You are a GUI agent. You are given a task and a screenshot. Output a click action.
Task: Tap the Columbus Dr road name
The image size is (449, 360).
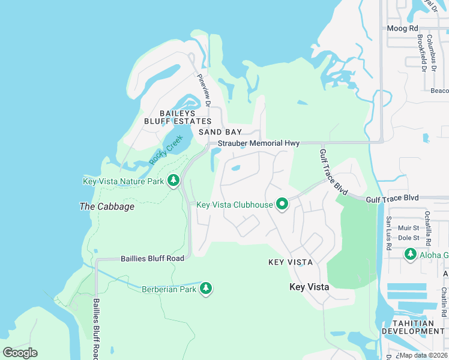[430, 50]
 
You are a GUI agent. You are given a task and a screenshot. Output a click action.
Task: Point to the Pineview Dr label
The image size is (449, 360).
[204, 90]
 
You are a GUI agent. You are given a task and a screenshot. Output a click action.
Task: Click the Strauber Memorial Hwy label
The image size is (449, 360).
[259, 143]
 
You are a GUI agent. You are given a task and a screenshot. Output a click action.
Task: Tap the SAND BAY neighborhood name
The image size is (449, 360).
[220, 131]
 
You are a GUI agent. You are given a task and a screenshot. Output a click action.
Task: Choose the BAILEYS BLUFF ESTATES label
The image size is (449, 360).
[177, 117]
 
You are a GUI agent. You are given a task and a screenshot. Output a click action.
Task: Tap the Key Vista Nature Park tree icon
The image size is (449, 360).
[173, 181]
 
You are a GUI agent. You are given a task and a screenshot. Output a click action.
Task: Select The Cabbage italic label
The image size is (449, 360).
[107, 206]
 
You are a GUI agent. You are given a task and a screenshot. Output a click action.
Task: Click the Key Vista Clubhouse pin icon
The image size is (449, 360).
[282, 205]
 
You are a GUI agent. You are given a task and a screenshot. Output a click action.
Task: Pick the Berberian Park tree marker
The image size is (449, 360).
[206, 289]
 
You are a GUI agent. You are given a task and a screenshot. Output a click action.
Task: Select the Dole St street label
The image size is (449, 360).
[409, 238]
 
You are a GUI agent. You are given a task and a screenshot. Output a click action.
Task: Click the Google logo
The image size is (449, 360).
[20, 353]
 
